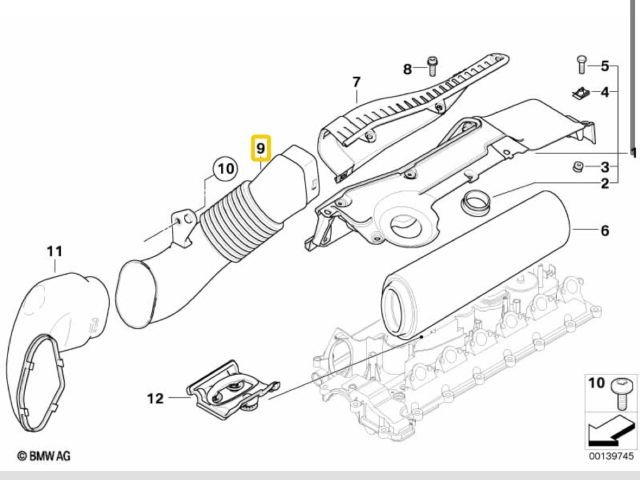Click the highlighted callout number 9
260,149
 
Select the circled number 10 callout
221,169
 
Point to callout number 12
155,398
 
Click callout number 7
354,81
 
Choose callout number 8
408,68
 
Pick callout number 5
604,66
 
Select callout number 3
604,166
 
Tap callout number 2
604,185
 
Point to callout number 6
604,231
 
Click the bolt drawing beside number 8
432,67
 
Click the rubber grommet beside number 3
577,165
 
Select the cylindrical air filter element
470,265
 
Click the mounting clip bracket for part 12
232,388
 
